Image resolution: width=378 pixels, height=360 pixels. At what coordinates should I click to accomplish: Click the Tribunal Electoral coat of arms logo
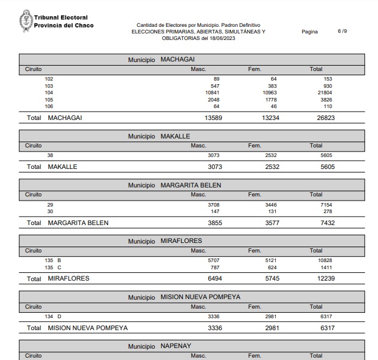26,21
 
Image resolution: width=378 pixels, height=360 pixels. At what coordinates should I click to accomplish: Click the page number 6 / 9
342,31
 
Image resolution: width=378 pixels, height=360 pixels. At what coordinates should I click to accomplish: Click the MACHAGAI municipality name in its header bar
177,59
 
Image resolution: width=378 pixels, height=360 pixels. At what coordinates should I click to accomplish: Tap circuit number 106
49,106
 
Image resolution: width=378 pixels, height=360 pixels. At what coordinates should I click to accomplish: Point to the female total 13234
271,118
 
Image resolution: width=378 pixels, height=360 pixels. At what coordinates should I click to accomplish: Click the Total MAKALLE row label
52,167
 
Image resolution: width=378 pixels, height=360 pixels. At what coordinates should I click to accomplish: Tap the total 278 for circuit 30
328,211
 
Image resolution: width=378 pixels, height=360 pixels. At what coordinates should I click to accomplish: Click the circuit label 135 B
53,261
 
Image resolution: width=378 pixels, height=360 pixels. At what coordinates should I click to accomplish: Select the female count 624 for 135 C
271,267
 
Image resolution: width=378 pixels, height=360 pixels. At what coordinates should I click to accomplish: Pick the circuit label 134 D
53,316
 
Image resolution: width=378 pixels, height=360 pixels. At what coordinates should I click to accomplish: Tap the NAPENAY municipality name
176,346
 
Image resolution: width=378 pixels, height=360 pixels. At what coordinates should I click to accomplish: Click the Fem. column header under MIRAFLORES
255,250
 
